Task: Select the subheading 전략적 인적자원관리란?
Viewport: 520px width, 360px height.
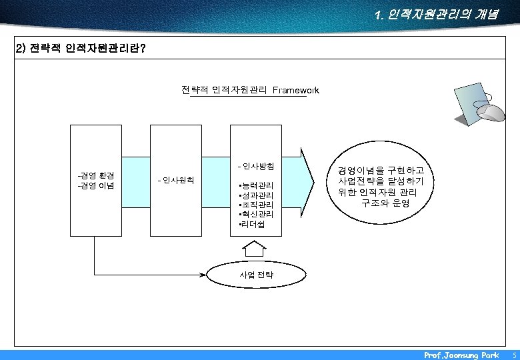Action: coord(81,49)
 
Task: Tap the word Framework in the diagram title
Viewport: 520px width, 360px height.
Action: coord(295,90)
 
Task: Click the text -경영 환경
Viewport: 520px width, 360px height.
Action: coord(96,175)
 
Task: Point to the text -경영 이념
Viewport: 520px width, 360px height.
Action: coord(96,185)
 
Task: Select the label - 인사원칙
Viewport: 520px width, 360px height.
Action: coord(175,180)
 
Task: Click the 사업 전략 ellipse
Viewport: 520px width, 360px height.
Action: coord(257,274)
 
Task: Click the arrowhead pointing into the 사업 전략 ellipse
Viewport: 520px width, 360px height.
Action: coord(204,274)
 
